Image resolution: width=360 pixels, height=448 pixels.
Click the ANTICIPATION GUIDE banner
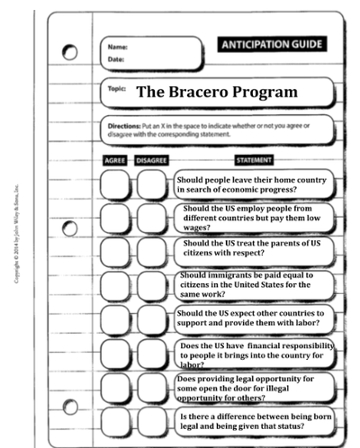point(271,42)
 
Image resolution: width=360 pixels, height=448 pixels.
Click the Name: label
point(117,47)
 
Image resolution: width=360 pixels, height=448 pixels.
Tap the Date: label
point(115,59)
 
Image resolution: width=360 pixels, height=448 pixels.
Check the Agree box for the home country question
point(114,184)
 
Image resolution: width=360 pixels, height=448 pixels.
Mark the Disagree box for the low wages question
point(151,218)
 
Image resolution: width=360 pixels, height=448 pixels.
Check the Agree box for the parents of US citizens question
point(114,251)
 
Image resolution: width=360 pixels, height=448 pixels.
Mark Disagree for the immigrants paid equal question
point(151,285)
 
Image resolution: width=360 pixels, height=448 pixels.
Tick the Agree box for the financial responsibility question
point(114,353)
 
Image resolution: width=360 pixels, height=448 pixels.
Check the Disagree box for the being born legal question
point(151,420)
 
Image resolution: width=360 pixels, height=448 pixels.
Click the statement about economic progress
point(254,184)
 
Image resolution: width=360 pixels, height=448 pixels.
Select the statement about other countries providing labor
point(254,319)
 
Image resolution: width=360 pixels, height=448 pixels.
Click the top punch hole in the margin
point(69,53)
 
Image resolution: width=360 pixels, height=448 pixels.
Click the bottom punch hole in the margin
point(69,406)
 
